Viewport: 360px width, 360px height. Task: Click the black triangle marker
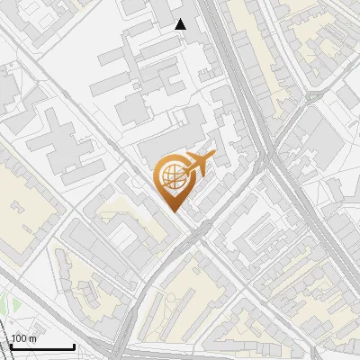pyautogui.click(x=181, y=24)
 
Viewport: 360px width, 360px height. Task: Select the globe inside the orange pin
pyautogui.click(x=172, y=177)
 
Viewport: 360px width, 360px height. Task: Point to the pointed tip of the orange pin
pyautogui.click(x=172, y=211)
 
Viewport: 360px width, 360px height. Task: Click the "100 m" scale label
pyautogui.click(x=24, y=338)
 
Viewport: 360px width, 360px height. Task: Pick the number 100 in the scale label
pyautogui.click(x=20, y=338)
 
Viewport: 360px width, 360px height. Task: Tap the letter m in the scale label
pyautogui.click(x=33, y=338)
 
